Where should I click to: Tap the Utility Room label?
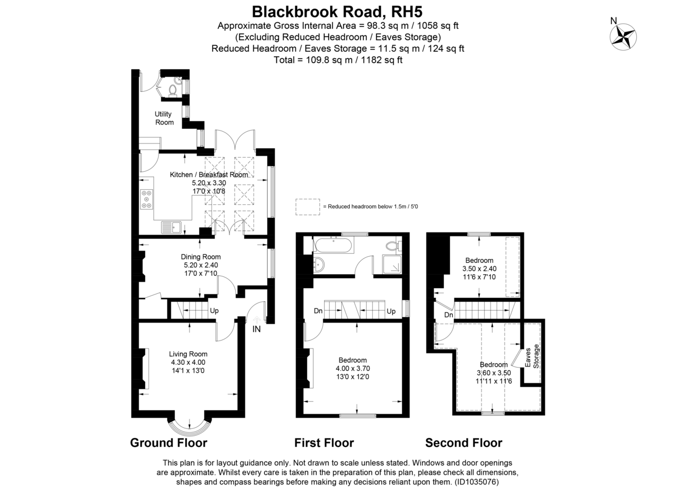[x=164, y=118]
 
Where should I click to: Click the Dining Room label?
[x=197, y=257]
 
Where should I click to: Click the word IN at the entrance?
[x=257, y=329]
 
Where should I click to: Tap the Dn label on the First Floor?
[x=318, y=311]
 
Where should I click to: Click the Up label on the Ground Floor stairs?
[x=214, y=311]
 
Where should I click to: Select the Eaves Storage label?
[x=532, y=356]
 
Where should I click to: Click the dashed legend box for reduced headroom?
[x=307, y=207]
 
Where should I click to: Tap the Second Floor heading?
[x=463, y=442]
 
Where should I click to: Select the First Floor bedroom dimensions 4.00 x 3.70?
[x=353, y=369]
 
